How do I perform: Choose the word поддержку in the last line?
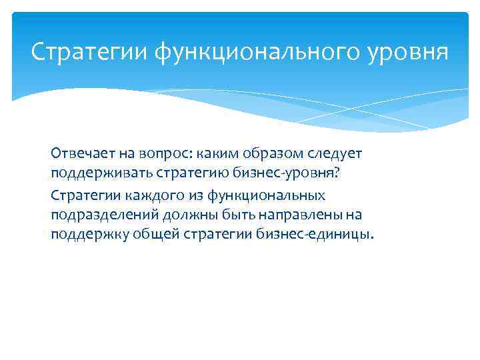pyautogui.click(x=83, y=236)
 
